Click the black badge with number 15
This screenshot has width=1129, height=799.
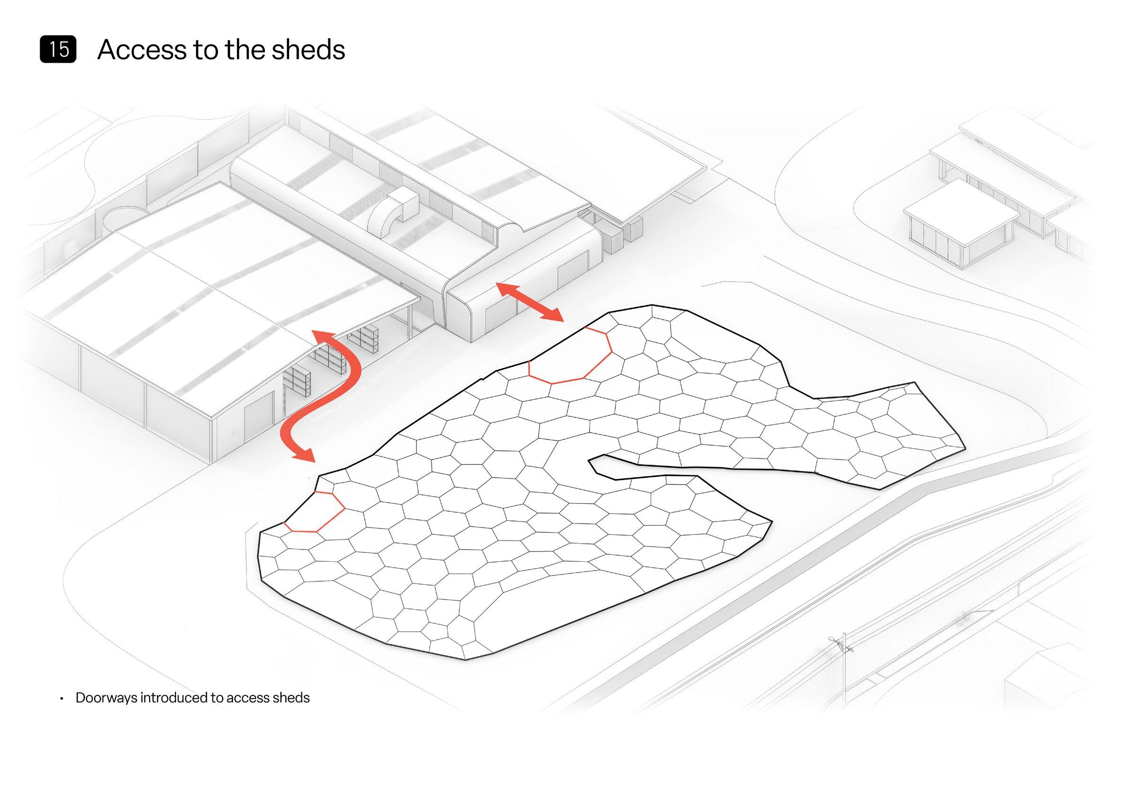pyautogui.click(x=58, y=49)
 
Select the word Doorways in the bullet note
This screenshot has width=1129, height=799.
pyautogui.click(x=106, y=698)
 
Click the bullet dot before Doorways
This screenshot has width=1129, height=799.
pyautogui.click(x=62, y=699)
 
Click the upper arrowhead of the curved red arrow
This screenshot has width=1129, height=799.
pyautogui.click(x=322, y=337)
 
